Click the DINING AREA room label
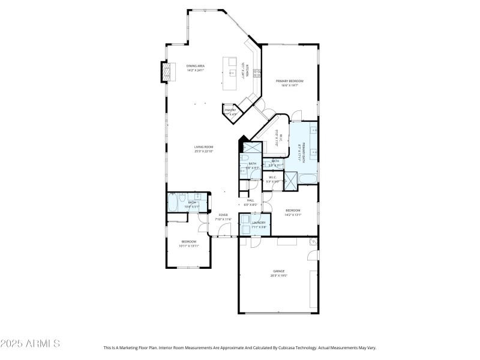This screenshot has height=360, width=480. (x=196, y=66)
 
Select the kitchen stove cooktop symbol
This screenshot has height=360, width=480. (x=256, y=73)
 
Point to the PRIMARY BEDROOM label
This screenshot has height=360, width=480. (x=289, y=81)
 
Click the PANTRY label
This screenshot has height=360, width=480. (x=230, y=110)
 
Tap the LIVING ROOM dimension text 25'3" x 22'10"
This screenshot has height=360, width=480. (x=203, y=151)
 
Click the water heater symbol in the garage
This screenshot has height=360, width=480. (x=312, y=241)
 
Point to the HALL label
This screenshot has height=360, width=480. (x=250, y=200)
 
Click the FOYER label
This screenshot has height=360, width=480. (x=223, y=215)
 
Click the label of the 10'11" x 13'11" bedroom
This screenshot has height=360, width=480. (x=189, y=241)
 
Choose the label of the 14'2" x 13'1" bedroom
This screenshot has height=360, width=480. (x=292, y=210)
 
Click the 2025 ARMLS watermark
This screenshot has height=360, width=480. (x=30, y=344)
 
